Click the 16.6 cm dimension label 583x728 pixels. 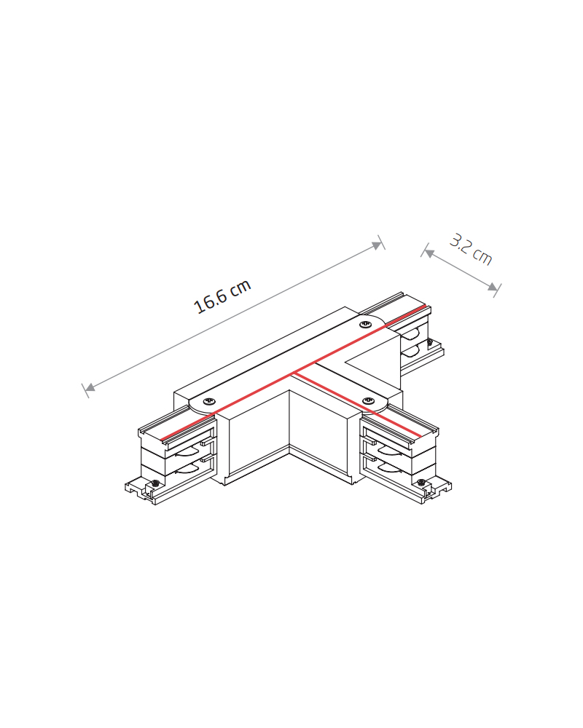222,296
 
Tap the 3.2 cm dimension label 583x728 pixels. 471,250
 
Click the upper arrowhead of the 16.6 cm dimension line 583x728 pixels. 377,245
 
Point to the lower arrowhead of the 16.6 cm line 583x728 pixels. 90,387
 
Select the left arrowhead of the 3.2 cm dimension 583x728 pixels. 429,253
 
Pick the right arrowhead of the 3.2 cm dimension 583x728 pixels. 493,286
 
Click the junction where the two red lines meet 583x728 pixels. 295,371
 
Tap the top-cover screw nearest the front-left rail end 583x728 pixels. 208,400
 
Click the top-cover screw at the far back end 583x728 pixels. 365,324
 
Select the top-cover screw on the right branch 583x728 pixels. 368,400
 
